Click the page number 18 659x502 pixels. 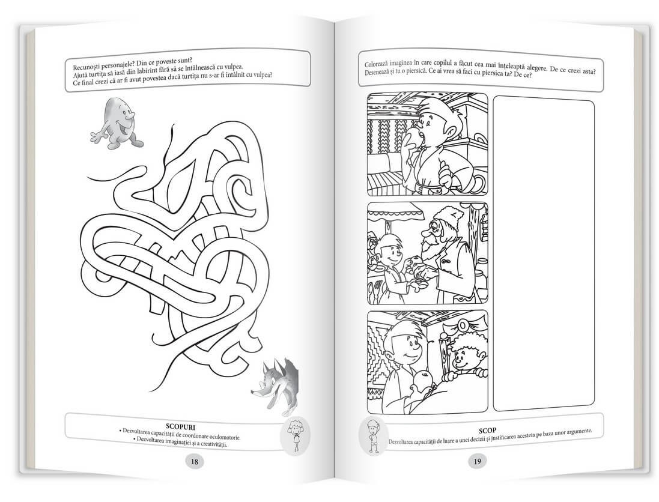click(195, 462)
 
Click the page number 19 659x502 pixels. click(478, 461)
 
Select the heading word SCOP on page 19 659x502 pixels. click(487, 431)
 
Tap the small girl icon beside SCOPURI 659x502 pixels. click(296, 437)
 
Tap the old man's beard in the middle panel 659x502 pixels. click(428, 253)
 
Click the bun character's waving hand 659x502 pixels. click(97, 136)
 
